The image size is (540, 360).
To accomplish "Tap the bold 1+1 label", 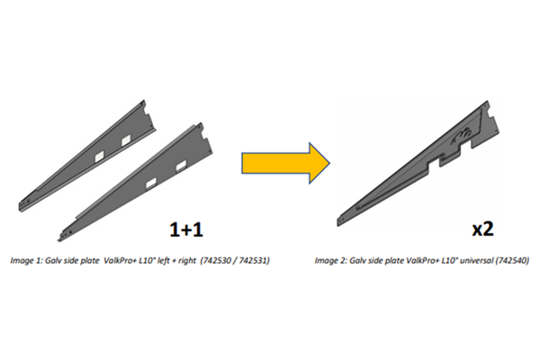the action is (x=186, y=229).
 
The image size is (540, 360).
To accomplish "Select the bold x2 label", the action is (x=482, y=229).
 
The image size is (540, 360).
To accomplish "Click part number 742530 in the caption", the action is (x=218, y=260).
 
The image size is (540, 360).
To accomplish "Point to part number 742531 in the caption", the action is (x=254, y=260).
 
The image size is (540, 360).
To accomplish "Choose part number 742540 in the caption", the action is (x=512, y=260).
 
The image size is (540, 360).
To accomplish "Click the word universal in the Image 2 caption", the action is (x=476, y=260).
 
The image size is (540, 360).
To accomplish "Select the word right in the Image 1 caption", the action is (x=188, y=261).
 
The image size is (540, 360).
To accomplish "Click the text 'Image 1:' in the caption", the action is (x=26, y=261).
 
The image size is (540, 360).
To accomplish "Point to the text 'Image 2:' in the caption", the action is (x=330, y=261).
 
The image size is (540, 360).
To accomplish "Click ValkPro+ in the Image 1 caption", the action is (x=120, y=260).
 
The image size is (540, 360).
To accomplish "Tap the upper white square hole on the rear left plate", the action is (x=126, y=139).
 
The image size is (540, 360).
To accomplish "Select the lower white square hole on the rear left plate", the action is (x=100, y=157).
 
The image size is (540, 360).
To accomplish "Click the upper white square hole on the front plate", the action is (x=181, y=166).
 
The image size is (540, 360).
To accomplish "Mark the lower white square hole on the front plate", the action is (x=151, y=184).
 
